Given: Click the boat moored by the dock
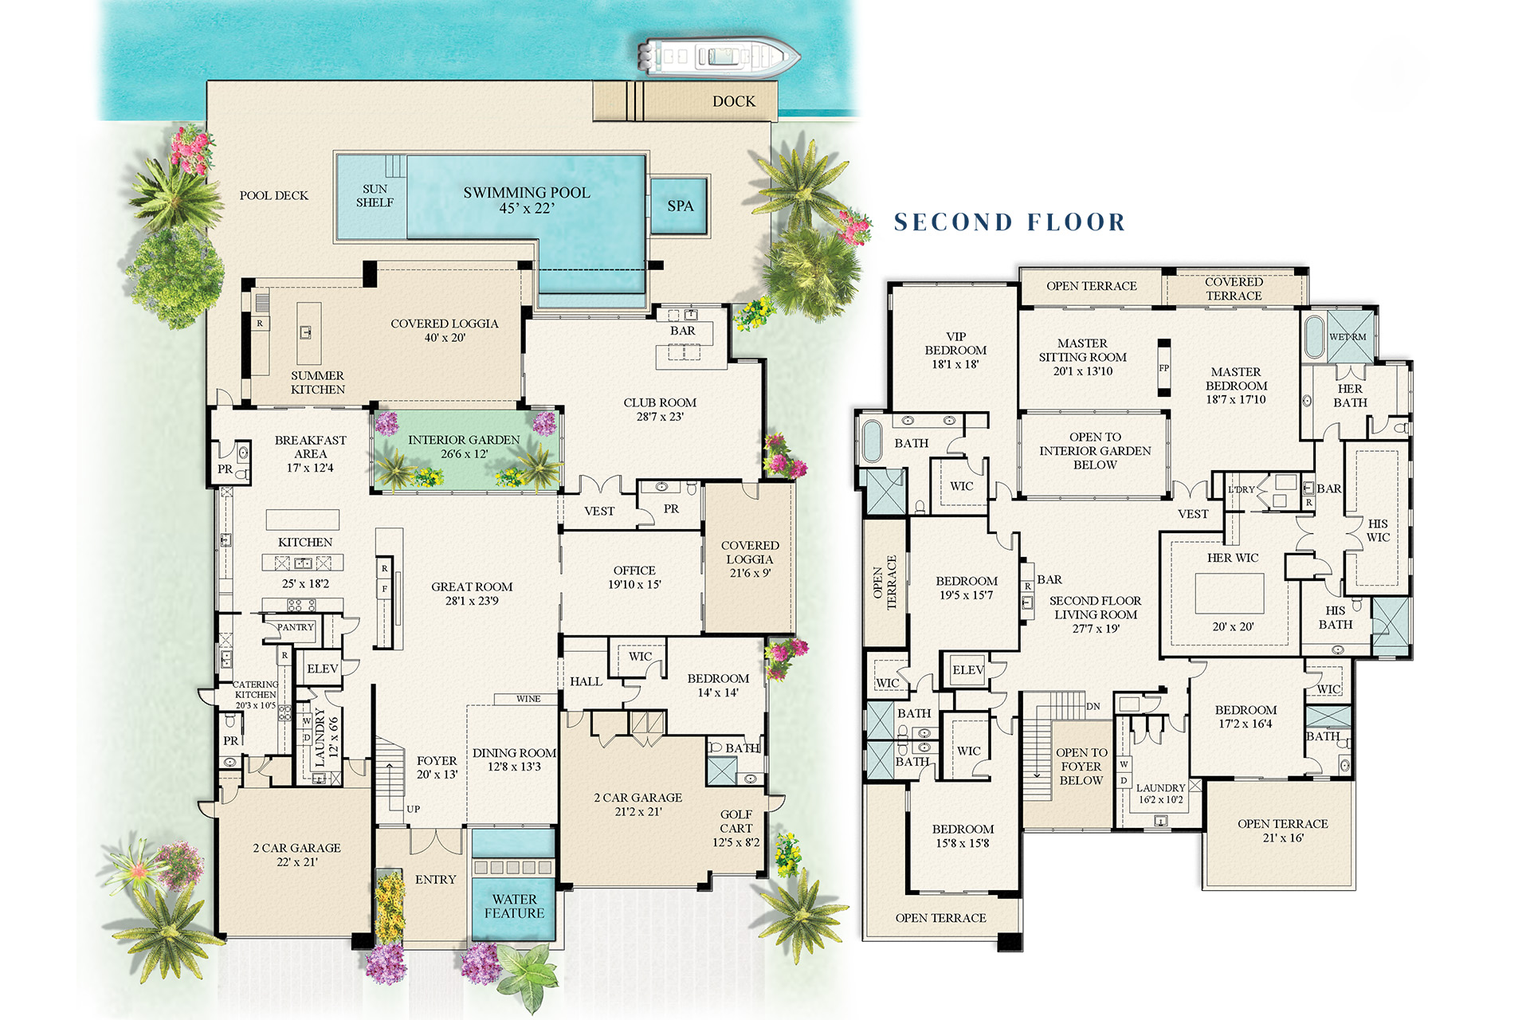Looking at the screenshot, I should [x=717, y=57].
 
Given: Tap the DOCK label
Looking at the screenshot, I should [x=733, y=101].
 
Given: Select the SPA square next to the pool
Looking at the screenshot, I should [x=680, y=206].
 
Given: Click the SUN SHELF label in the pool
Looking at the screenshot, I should [x=375, y=196].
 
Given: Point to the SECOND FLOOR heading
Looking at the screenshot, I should [x=1009, y=222].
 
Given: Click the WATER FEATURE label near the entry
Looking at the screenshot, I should [x=514, y=906].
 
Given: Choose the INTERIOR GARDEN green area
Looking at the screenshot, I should [x=464, y=450].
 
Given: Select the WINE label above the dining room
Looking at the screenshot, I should [x=528, y=699].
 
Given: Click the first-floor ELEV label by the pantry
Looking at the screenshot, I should [x=322, y=669].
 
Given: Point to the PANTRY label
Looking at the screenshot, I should [x=295, y=627].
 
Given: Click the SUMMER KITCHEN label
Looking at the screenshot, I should [x=317, y=382].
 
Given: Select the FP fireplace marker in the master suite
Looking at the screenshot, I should [x=1163, y=368].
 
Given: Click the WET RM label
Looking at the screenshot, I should [x=1347, y=337].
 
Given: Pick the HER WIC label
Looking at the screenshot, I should [x=1232, y=558].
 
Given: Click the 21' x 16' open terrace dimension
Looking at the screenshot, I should [x=1281, y=838].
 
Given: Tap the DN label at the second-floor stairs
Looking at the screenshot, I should [x=1093, y=707].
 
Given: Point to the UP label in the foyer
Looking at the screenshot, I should [x=413, y=809].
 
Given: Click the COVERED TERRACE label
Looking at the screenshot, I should [x=1233, y=288].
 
